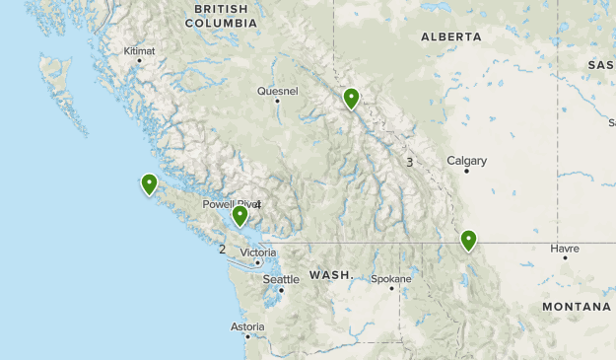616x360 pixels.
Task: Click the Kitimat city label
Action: (x=139, y=50)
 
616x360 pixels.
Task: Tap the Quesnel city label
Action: (x=277, y=91)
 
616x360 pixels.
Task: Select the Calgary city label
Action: (x=466, y=160)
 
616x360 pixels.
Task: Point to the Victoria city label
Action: (x=257, y=252)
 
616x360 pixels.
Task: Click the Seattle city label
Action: (x=281, y=279)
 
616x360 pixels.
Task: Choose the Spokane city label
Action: (x=390, y=278)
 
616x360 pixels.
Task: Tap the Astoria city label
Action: (x=247, y=326)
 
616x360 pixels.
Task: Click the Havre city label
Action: (x=565, y=249)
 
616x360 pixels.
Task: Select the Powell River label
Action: (x=227, y=204)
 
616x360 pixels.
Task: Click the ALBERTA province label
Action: (x=451, y=36)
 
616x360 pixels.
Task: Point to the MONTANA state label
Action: (x=577, y=307)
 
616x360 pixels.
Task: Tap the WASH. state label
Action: (x=331, y=274)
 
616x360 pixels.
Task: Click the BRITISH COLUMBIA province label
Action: (x=221, y=16)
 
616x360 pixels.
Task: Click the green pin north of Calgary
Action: (x=351, y=98)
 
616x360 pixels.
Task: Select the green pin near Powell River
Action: (x=240, y=214)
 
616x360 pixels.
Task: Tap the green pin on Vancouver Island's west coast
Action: (x=149, y=182)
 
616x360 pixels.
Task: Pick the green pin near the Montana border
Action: (x=468, y=239)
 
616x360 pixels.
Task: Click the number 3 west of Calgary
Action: (x=409, y=162)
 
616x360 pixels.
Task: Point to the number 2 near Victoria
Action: (x=223, y=249)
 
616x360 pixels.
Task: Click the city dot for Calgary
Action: (x=467, y=171)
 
